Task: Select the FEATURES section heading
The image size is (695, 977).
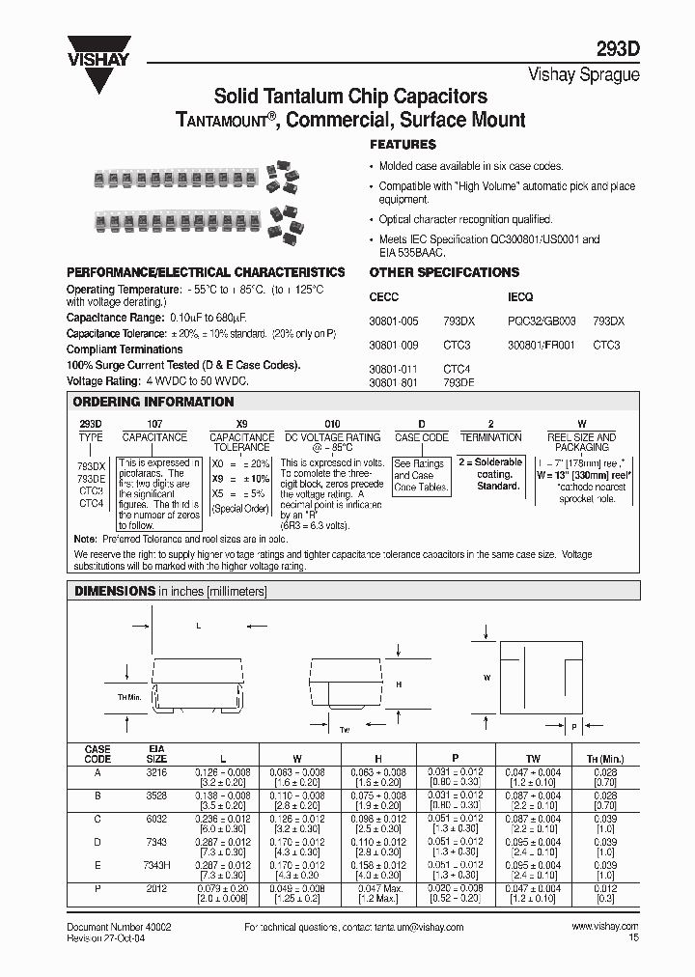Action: pos(403,144)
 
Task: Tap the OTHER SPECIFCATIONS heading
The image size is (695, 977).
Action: pos(444,272)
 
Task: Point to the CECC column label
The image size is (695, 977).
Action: pos(383,297)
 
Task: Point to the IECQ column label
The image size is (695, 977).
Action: pos(520,297)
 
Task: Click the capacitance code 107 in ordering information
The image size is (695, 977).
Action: pos(153,423)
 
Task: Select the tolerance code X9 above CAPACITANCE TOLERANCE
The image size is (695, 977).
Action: pos(241,423)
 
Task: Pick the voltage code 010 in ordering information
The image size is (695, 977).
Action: pos(331,423)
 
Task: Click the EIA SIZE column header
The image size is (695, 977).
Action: pos(157,753)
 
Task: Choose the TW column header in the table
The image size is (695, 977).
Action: pos(533,758)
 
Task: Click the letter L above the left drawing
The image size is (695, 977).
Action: pos(198,626)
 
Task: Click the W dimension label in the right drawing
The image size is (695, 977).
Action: pos(487,678)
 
